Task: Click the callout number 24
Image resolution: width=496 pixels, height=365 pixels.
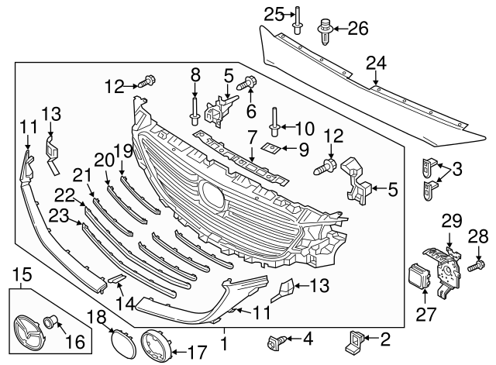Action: tap(375, 62)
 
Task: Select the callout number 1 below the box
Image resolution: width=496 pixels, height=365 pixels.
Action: tap(225, 342)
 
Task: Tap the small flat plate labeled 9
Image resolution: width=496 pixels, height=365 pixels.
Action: tap(270, 146)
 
